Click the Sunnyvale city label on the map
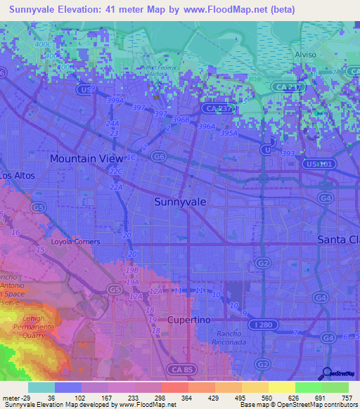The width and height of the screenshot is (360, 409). [180, 201]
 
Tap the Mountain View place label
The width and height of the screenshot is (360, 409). [86, 159]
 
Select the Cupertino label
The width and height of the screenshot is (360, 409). [189, 320]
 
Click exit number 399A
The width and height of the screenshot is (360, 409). [115, 100]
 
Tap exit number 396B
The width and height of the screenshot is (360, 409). [181, 120]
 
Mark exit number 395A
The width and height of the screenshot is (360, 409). [229, 132]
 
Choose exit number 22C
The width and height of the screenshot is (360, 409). [116, 172]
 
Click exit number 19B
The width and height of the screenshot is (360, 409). [132, 270]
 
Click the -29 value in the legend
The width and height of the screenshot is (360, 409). [27, 398]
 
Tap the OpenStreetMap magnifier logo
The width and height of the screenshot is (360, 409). [327, 373]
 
